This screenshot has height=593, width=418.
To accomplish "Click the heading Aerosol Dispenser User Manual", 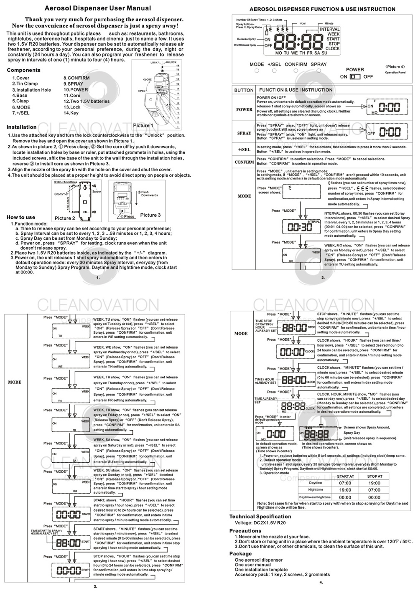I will click(x=98, y=8).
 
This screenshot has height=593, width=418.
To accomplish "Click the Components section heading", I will click(x=23, y=70).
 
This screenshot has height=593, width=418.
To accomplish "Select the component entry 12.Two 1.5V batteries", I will click(x=87, y=101).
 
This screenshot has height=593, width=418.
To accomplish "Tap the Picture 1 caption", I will click(x=143, y=125).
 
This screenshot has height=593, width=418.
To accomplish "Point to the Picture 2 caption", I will click(x=65, y=218).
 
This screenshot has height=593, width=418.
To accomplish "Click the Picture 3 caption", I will click(x=150, y=215).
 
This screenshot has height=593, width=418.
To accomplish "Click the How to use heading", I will click(x=21, y=217).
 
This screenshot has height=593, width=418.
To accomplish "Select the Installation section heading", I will click(x=21, y=127).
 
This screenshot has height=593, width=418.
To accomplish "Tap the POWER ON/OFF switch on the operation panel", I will click(x=355, y=77).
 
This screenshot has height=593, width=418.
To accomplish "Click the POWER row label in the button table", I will click(x=244, y=109).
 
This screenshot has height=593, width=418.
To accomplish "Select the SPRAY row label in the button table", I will click(x=244, y=133).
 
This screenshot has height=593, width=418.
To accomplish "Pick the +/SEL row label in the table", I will click(x=244, y=150).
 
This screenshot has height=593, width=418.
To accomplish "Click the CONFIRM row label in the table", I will click(x=244, y=162).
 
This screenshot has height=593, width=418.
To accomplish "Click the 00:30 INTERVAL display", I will click(x=300, y=227).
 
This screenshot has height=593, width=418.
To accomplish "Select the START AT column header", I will click(x=345, y=476).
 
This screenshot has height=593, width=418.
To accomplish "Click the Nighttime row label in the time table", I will click(x=316, y=490).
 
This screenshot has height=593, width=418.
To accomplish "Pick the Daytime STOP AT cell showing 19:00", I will click(x=374, y=483).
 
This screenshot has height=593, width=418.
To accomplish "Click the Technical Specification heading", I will click(x=260, y=517).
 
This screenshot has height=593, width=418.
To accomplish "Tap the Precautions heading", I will click(x=245, y=531).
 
